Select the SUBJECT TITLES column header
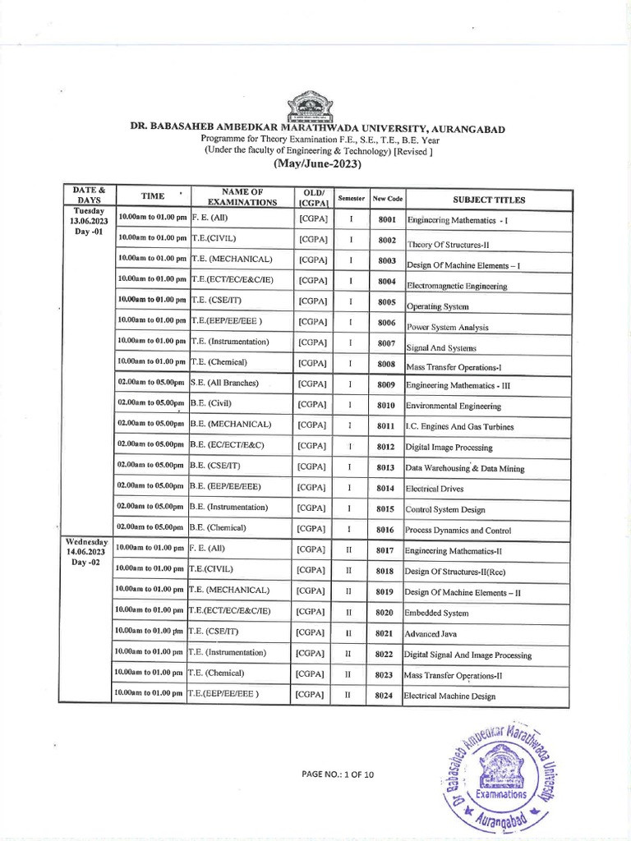(489, 200)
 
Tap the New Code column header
(387, 200)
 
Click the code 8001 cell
(387, 220)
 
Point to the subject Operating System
(438, 306)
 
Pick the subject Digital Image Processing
(449, 448)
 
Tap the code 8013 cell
(386, 468)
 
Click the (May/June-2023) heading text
(316, 164)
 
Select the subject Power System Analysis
(448, 327)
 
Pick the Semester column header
(351, 200)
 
